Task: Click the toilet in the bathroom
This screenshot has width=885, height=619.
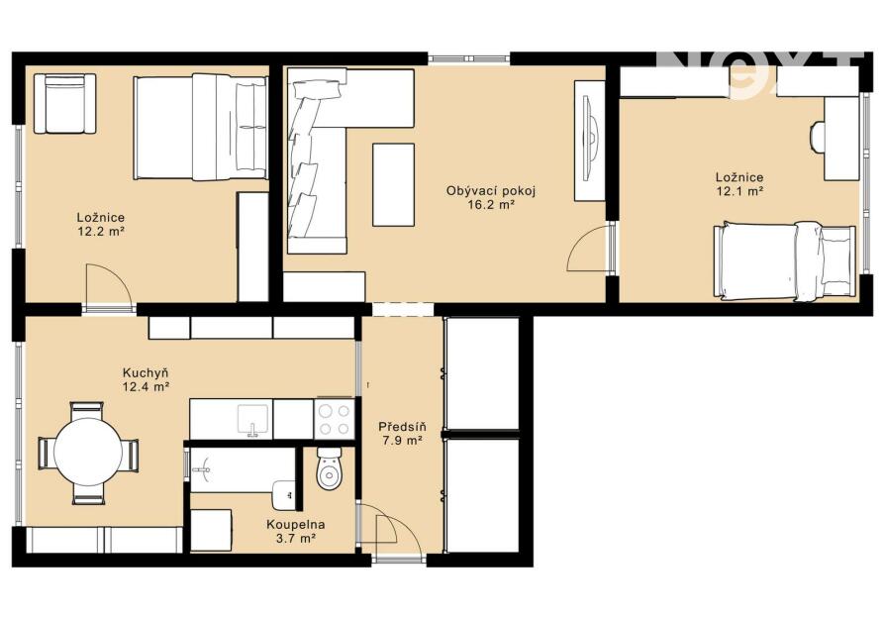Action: pos(330,468)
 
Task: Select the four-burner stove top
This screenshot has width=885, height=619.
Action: pos(335,419)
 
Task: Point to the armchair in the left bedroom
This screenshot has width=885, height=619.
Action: pos(65,104)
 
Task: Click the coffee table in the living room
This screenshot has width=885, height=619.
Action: pos(393,184)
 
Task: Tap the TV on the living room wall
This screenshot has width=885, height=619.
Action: pos(589,141)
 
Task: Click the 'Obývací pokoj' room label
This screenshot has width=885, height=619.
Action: pos(491,191)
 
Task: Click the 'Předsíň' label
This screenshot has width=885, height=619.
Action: pos(403,427)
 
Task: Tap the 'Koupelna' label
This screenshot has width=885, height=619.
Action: pos(296,525)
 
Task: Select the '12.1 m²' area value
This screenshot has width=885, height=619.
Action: pos(739,191)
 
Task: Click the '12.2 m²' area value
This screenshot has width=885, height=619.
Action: pos(101,231)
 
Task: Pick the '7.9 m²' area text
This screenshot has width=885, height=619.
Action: pos(403,441)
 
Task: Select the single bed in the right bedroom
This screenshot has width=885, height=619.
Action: pos(783,258)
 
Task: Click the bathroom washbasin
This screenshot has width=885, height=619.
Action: pos(284,493)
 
